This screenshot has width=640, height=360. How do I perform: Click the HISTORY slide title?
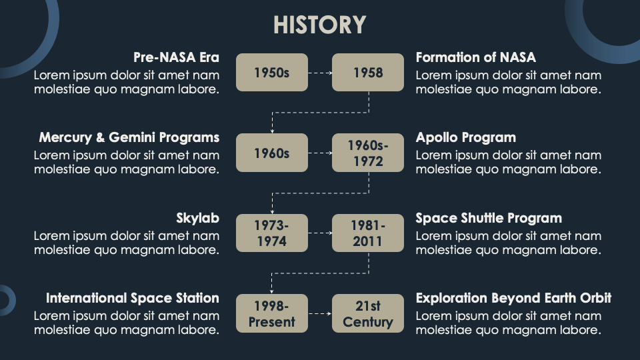(319, 25)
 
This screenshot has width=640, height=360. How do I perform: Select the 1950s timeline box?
(271, 72)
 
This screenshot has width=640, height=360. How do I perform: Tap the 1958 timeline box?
(368, 72)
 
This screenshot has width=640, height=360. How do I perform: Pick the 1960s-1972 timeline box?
(368, 153)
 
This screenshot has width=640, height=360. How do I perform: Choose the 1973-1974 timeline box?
(271, 233)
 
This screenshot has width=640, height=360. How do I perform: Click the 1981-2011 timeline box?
(368, 233)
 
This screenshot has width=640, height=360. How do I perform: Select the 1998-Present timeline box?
(271, 313)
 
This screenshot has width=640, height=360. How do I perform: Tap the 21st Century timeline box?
(368, 313)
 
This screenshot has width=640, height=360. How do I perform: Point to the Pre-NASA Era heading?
(176, 57)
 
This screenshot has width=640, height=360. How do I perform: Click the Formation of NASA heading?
(475, 57)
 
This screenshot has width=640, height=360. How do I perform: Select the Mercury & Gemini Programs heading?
(129, 137)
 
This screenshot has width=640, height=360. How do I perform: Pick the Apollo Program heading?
(465, 137)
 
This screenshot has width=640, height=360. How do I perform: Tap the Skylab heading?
(197, 218)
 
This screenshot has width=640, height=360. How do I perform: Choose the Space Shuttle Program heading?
(489, 218)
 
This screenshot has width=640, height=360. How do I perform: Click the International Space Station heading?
(133, 298)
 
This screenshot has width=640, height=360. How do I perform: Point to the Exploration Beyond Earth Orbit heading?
(513, 298)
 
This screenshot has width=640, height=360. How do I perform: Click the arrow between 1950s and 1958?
(320, 72)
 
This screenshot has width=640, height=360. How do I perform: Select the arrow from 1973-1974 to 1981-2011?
(320, 233)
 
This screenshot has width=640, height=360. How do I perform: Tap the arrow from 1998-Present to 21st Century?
(320, 313)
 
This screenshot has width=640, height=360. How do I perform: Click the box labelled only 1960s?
(271, 153)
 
